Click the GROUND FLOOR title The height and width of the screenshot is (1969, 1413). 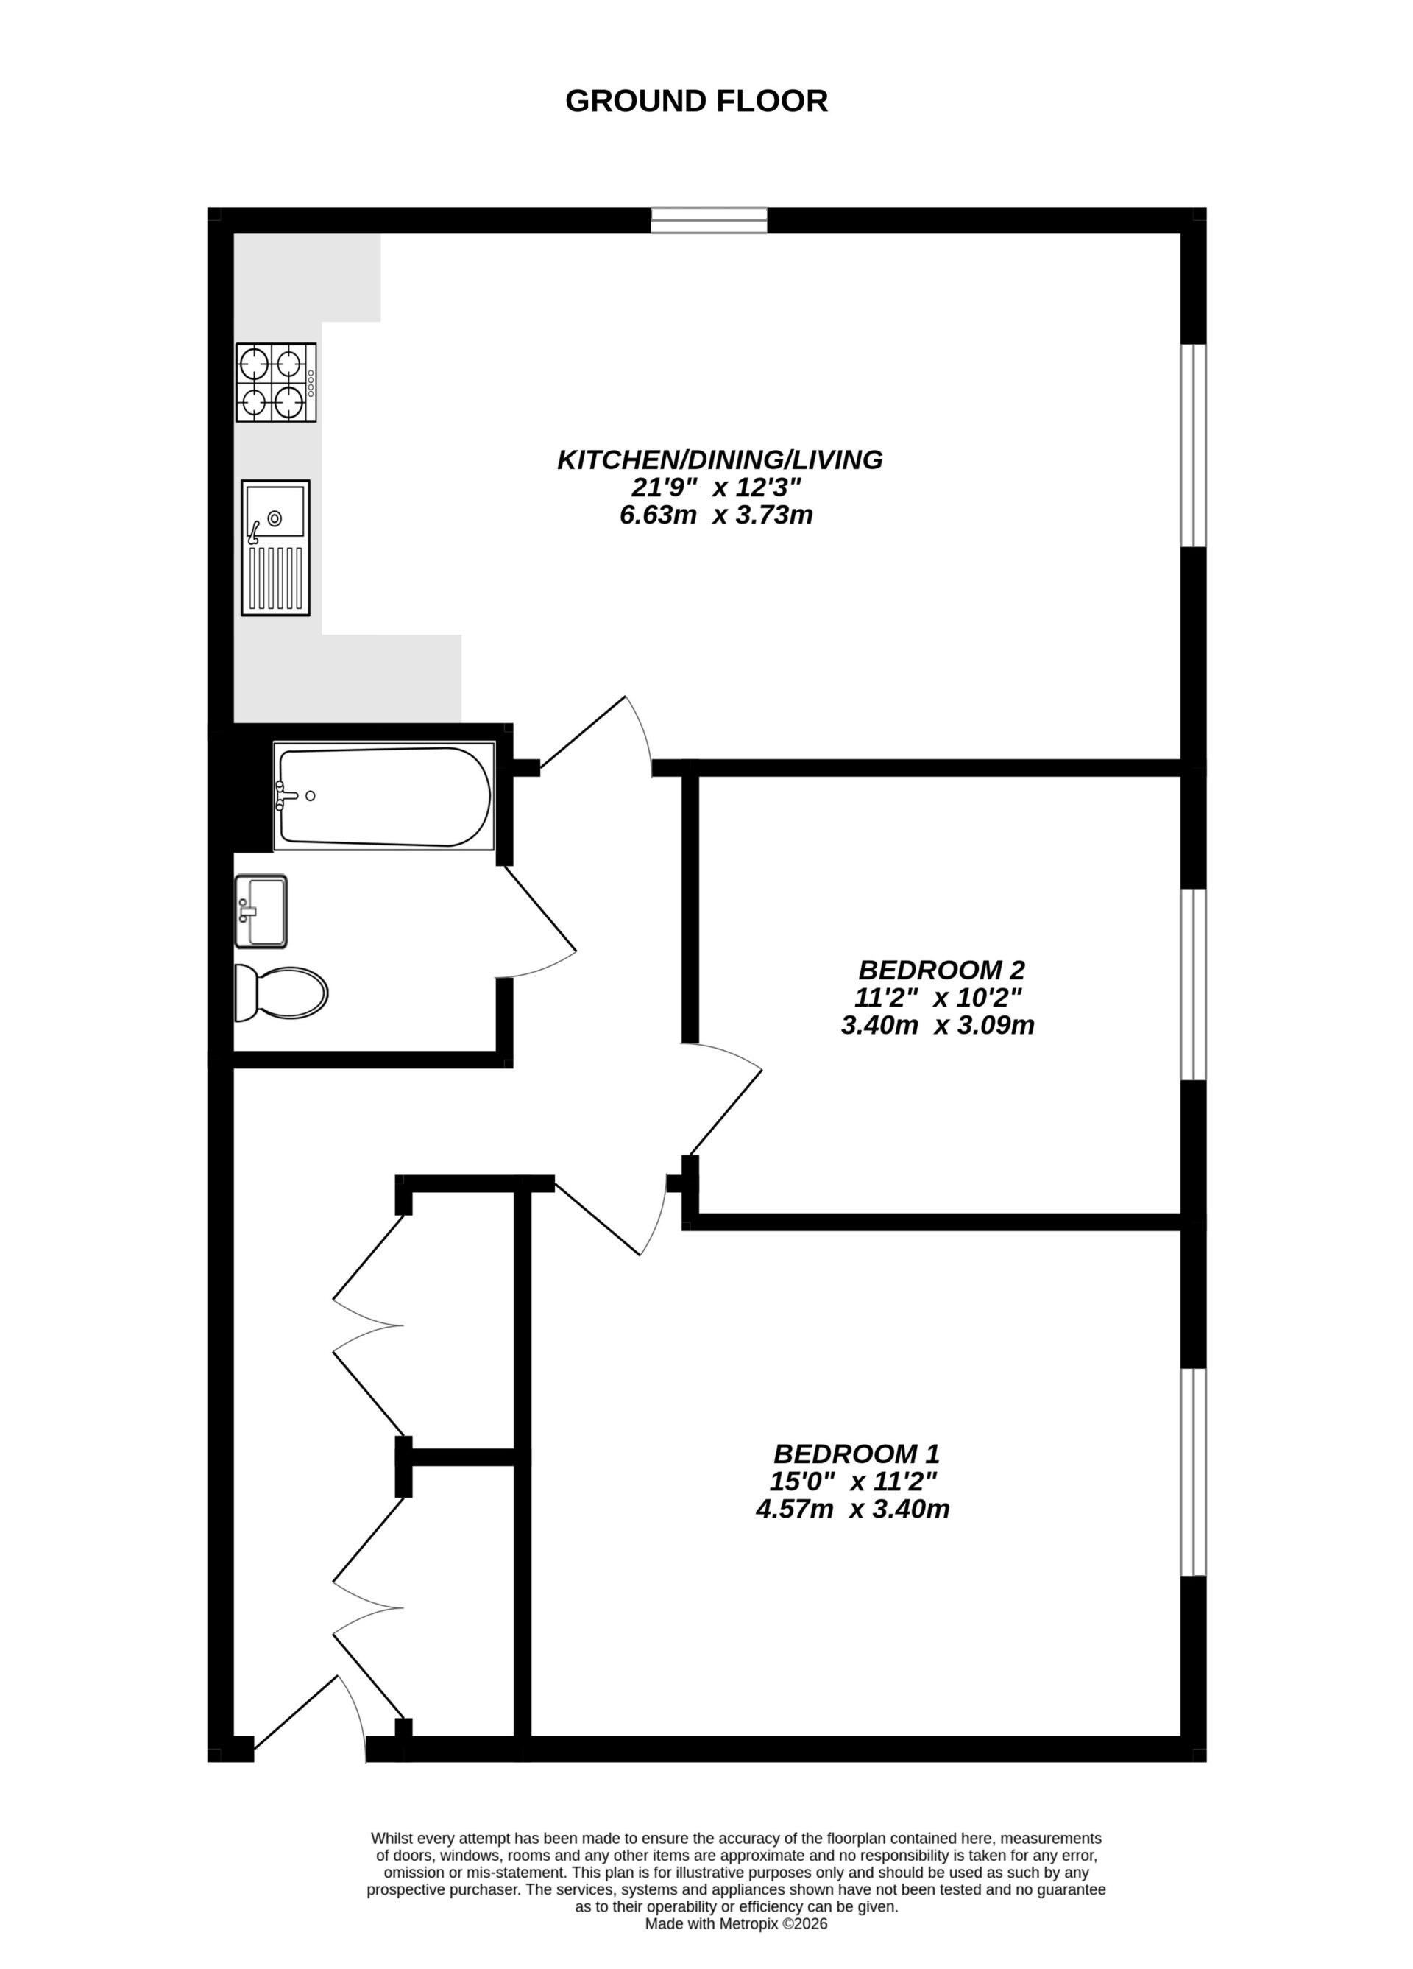coord(696,102)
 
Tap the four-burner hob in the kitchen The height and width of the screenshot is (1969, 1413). coord(276,382)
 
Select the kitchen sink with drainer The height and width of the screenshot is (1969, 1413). coord(275,548)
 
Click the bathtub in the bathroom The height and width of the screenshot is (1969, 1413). coord(383,796)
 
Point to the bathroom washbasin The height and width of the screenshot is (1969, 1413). coord(261,911)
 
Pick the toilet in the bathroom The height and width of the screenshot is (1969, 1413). coord(281,993)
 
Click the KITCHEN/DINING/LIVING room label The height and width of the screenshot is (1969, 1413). coord(720,459)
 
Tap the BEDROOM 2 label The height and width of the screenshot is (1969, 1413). coord(942,969)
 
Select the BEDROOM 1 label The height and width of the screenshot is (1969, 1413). coord(857,1454)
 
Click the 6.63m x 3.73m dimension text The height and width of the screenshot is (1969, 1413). coord(716,515)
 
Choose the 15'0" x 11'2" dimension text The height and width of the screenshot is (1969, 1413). coord(853,1481)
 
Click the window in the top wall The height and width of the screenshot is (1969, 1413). coord(709,220)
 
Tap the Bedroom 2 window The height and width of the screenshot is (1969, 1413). coord(1194,984)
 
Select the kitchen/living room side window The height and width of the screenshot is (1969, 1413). coord(1194,445)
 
